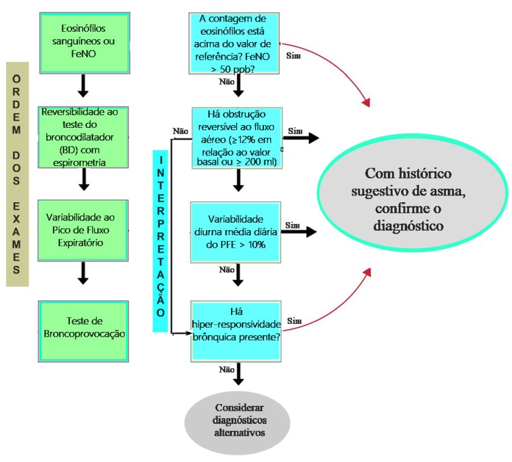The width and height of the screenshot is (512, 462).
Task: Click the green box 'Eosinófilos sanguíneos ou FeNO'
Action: pyautogui.click(x=85, y=43)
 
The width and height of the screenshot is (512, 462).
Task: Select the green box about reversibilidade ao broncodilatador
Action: pyautogui.click(x=83, y=138)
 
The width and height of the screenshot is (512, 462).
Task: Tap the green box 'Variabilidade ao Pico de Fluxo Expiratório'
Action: pyautogui.click(x=83, y=230)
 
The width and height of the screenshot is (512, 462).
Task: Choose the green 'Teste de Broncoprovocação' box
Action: pyautogui.click(x=84, y=331)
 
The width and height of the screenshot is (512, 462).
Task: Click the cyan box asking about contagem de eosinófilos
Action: pyautogui.click(x=234, y=43)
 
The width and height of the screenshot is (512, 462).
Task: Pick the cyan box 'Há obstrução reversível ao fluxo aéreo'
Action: pyautogui.click(x=237, y=138)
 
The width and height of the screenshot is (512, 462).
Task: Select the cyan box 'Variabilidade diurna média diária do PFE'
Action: pyautogui.click(x=236, y=232)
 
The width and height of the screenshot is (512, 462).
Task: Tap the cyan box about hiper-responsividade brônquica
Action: pyautogui.click(x=236, y=331)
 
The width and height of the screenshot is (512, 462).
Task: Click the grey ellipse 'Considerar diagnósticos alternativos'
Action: pyautogui.click(x=237, y=423)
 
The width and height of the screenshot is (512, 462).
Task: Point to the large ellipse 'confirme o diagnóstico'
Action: pyautogui.click(x=412, y=193)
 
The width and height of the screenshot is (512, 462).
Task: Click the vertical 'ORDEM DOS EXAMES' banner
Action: pyautogui.click(x=17, y=174)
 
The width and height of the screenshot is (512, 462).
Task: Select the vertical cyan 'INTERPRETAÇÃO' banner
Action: pyautogui.click(x=160, y=241)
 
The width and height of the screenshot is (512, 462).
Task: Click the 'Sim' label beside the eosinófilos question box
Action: pyautogui.click(x=293, y=56)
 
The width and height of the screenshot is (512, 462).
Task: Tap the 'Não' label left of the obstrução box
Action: pyautogui.click(x=180, y=131)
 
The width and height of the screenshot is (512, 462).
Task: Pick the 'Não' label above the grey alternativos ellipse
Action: pyautogui.click(x=226, y=369)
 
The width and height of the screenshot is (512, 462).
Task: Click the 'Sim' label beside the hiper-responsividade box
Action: pyautogui.click(x=294, y=321)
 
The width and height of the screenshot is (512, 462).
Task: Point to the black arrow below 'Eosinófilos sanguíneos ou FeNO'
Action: pyautogui.click(x=83, y=86)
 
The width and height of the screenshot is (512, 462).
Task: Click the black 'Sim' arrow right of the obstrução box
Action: pyautogui.click(x=301, y=138)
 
